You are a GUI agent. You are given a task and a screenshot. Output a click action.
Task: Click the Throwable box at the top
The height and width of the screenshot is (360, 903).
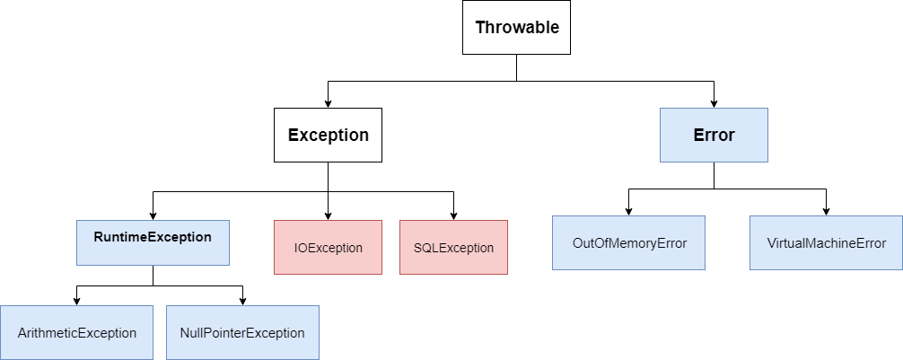(516, 28)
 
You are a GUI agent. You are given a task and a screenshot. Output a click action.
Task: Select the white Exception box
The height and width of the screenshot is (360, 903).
(328, 136)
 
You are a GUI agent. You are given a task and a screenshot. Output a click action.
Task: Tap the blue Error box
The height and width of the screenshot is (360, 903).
(714, 136)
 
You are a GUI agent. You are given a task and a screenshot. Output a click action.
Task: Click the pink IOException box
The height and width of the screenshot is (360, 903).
(328, 247)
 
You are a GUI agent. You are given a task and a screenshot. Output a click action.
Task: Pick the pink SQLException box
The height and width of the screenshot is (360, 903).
(453, 247)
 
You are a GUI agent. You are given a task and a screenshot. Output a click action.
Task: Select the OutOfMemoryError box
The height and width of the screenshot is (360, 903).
(628, 242)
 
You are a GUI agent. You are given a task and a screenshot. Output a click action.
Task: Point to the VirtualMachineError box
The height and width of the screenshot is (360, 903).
(827, 242)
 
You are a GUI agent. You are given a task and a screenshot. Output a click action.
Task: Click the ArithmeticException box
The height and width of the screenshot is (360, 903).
(76, 332)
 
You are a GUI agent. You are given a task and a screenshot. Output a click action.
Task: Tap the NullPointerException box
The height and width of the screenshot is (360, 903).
(242, 332)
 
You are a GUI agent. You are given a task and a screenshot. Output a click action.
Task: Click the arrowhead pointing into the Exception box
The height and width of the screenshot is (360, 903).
(328, 103)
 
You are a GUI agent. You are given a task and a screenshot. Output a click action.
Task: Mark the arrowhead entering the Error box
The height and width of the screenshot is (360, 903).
(714, 103)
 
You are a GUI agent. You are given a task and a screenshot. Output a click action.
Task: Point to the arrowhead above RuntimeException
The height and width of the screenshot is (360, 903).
(153, 215)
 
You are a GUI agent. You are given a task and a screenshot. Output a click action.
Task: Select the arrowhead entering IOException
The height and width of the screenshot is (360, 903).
(328, 215)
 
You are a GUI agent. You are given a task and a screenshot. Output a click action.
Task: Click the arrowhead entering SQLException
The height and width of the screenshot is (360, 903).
(453, 215)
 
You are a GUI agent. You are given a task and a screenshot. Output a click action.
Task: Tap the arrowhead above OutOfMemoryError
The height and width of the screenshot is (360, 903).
(628, 210)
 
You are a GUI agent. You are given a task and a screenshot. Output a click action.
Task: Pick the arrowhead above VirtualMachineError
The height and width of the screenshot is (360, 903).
(827, 210)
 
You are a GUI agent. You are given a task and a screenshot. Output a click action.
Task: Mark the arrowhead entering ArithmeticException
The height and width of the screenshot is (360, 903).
(76, 300)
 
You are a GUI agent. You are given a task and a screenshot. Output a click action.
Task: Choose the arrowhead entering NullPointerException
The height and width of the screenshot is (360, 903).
(242, 300)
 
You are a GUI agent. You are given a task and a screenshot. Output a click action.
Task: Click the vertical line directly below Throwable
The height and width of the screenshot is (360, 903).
(516, 68)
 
